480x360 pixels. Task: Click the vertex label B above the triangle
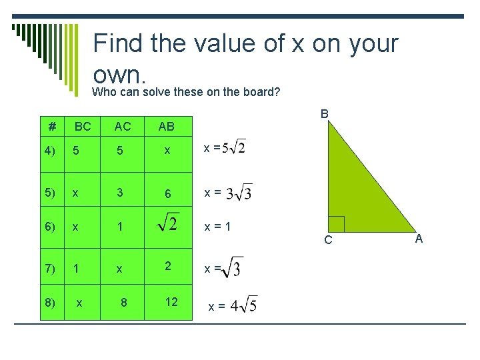pos(325,114)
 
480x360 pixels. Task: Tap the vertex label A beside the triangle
pos(419,238)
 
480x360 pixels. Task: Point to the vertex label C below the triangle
pos(328,240)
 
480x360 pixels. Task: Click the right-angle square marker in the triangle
pos(336,224)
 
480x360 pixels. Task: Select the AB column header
pos(167,127)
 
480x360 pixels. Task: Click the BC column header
pos(83,127)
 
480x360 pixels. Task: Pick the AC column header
pos(123,127)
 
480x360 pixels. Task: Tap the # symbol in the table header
pos(52,127)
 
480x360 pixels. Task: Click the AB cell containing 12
pos(171,302)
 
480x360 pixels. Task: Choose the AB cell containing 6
pos(168,193)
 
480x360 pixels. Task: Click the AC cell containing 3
pos(120,192)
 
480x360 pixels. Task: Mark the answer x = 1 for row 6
pos(217,226)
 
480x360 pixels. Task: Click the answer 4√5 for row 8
pos(243,306)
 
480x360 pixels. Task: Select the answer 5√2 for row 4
pos(233,147)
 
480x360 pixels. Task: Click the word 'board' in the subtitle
pos(253,91)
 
